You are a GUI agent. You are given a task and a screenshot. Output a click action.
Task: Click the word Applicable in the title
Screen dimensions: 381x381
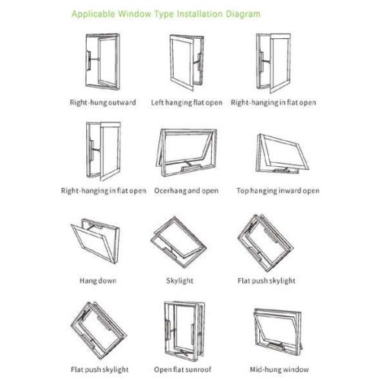click(93, 14)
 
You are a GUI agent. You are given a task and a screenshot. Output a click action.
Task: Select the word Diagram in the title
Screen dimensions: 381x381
click(243, 14)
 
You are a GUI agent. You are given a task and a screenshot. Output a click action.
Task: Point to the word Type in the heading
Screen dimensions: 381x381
click(164, 14)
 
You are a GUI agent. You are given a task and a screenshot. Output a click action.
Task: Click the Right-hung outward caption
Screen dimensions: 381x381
click(103, 103)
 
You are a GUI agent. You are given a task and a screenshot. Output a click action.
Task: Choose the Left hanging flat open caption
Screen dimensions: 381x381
click(187, 103)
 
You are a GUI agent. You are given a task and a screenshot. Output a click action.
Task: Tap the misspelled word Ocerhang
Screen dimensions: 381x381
click(169, 190)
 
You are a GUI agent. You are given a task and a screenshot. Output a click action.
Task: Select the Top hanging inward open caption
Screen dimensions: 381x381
click(278, 190)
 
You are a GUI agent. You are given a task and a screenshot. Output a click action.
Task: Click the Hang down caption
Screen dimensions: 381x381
click(98, 280)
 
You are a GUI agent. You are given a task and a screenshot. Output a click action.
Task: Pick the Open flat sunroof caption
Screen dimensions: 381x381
click(183, 370)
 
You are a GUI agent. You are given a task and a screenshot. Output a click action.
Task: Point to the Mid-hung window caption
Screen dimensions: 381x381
click(280, 370)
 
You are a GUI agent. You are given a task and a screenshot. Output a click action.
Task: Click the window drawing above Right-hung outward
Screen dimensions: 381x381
click(103, 62)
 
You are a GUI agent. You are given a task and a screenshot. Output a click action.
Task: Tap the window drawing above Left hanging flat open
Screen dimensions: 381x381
click(187, 62)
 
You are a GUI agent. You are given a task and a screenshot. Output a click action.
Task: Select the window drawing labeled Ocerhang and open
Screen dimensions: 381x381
click(186, 153)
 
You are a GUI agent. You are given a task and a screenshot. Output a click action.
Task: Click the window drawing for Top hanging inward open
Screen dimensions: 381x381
click(282, 154)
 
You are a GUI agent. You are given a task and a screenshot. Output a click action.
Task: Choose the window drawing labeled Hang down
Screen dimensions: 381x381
click(95, 242)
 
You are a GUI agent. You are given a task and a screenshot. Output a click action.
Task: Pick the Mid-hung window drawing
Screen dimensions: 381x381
click(278, 332)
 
